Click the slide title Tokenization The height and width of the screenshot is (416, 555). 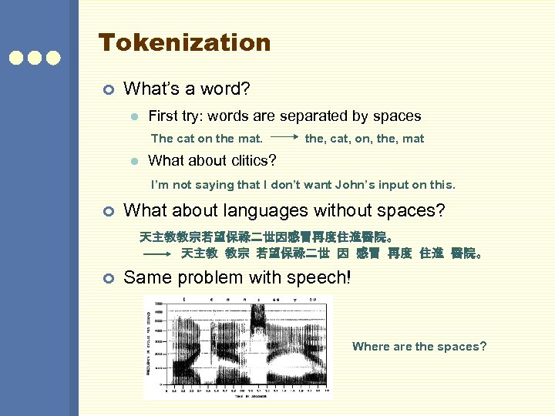pyautogui.click(x=184, y=42)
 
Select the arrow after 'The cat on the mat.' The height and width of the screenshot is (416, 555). pyautogui.click(x=284, y=139)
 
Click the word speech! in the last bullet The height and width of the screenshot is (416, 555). pyautogui.click(x=321, y=277)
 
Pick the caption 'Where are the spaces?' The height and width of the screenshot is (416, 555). pyautogui.click(x=419, y=347)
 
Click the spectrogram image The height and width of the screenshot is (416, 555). pyautogui.click(x=237, y=347)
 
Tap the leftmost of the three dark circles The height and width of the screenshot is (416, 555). pyautogui.click(x=15, y=58)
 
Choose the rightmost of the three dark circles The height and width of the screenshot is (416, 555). pyautogui.click(x=53, y=58)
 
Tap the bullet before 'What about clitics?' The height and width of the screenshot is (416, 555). pyautogui.click(x=133, y=162)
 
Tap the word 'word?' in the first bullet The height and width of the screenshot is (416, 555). pyautogui.click(x=227, y=89)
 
